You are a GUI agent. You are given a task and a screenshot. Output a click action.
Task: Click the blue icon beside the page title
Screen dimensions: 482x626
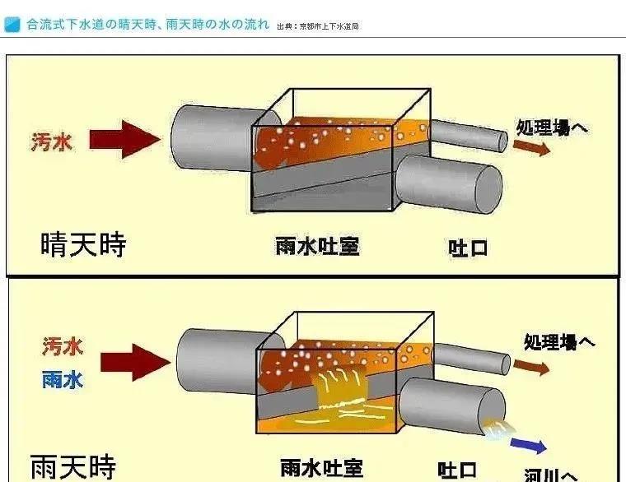click(12, 25)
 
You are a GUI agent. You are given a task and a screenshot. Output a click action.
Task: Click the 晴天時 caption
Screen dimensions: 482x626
click(82, 244)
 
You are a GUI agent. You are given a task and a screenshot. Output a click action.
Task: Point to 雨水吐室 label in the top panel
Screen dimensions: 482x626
click(317, 245)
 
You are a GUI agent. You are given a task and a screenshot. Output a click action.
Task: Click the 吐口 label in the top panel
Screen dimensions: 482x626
click(468, 246)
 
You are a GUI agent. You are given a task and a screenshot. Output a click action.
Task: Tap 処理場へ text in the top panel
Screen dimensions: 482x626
click(552, 127)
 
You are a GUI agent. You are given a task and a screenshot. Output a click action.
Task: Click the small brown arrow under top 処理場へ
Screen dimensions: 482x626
click(531, 146)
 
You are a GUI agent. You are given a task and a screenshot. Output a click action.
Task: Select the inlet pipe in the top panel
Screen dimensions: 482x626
click(210, 138)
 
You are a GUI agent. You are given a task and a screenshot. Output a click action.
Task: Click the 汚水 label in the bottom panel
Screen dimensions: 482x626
click(63, 348)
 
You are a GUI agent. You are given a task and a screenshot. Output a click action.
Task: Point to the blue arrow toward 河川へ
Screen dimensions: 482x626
click(528, 447)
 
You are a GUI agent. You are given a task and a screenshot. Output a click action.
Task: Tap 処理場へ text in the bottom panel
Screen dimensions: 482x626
click(559, 341)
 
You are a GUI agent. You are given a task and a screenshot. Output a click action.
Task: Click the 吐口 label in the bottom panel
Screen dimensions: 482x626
click(458, 470)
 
